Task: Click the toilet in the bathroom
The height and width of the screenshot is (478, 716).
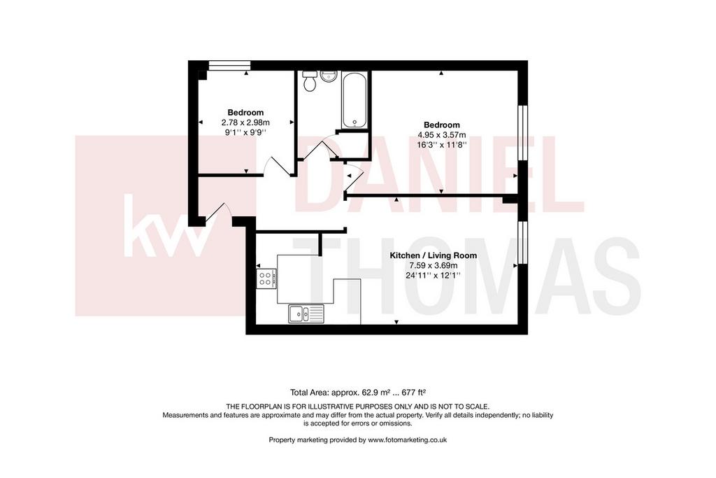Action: coord(310,80)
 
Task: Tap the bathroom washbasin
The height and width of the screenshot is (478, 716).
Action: coord(329,76)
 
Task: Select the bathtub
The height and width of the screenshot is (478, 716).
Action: coord(355,100)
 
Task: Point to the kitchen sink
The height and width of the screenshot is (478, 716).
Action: coord(306,314)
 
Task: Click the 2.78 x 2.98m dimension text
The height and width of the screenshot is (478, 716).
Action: coord(245,122)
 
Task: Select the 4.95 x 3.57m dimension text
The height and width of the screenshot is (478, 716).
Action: coord(442,135)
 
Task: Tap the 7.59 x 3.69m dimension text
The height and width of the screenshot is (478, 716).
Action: coord(433,265)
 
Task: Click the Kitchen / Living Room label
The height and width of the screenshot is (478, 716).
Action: coord(433,255)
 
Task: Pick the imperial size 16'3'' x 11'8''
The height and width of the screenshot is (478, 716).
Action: coord(442,145)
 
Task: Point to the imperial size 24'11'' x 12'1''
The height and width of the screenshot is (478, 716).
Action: coord(433,276)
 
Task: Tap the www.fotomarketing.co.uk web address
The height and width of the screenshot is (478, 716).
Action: coord(408,440)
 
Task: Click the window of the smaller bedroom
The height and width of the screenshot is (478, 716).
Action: coord(229,65)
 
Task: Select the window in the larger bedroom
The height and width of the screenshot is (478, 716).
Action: coord(523,133)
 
